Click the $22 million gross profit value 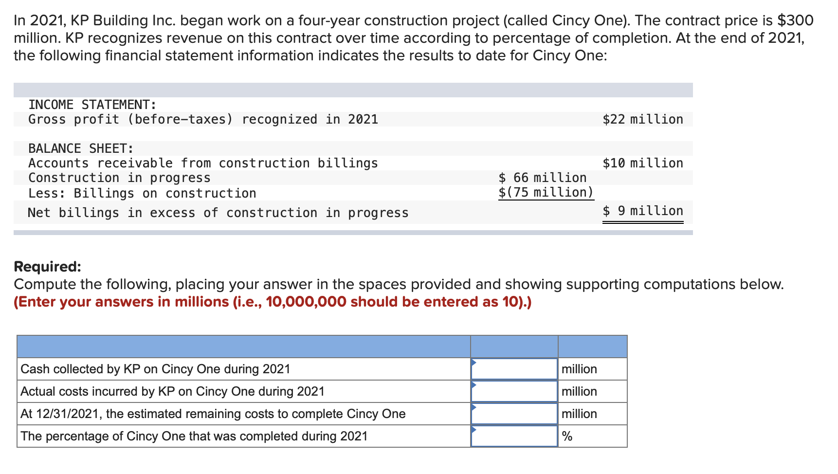click(642, 119)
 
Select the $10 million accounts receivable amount click(642, 163)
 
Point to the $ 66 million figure click(543, 178)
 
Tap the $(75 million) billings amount click(546, 192)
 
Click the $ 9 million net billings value click(642, 211)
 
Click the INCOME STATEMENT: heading click(92, 105)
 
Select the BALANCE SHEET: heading click(81, 148)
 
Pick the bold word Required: click(48, 267)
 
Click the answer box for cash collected click(514, 369)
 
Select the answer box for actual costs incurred click(514, 391)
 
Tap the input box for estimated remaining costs click(514, 414)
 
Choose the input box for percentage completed click(514, 436)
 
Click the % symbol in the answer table click(567, 437)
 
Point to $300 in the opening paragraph click(795, 20)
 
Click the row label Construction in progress click(119, 178)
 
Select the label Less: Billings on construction click(142, 193)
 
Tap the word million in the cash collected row click(579, 369)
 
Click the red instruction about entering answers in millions click(273, 302)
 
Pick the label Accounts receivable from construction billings click(203, 163)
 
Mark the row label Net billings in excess click(218, 213)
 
